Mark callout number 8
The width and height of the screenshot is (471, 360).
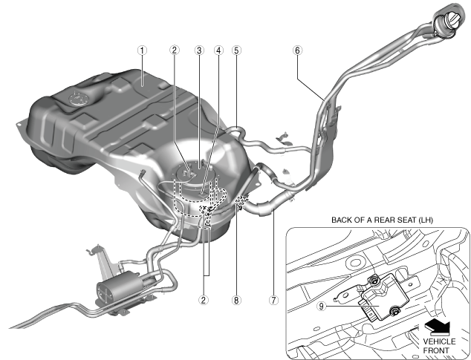236,301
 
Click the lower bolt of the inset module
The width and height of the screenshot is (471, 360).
394,311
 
